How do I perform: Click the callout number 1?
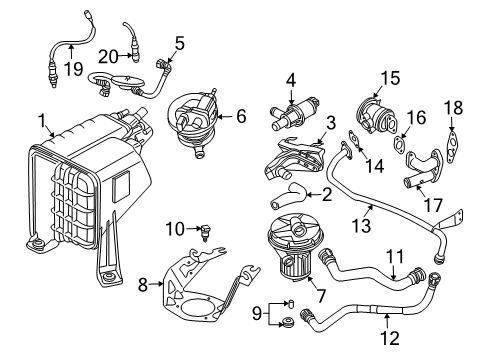[42, 121]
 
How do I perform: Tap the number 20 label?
[108, 57]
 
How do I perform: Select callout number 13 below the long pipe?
[361, 226]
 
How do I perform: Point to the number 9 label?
[257, 314]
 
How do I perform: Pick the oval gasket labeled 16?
[399, 143]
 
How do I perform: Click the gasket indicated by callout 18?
[452, 148]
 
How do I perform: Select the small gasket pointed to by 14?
[354, 139]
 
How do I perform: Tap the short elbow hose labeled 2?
[288, 197]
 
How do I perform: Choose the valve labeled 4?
[295, 112]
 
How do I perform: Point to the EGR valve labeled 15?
[376, 115]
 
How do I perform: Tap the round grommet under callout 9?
[287, 322]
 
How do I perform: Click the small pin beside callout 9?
[290, 304]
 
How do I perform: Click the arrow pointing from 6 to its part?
[224, 116]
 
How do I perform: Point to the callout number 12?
[390, 339]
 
